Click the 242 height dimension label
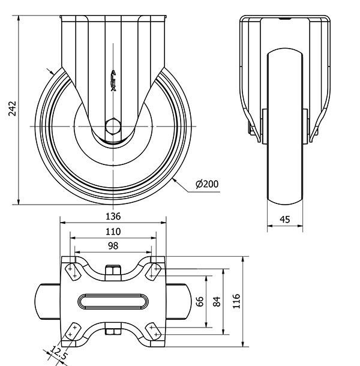[x=12, y=109]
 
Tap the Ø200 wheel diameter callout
[x=207, y=184]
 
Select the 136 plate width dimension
[x=113, y=217]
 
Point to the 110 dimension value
[x=113, y=232]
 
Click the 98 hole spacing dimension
[x=113, y=246]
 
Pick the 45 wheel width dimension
[x=285, y=220]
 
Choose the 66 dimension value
[x=200, y=301]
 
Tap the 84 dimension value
[x=217, y=301]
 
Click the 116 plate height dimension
[x=236, y=301]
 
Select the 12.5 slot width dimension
[x=58, y=353]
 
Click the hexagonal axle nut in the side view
[x=113, y=127]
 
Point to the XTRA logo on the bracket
[x=113, y=80]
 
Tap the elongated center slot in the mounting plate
[x=113, y=301]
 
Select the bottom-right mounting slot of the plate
[x=154, y=331]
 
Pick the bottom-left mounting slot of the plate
[x=73, y=331]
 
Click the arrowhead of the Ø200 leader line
[x=175, y=180]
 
